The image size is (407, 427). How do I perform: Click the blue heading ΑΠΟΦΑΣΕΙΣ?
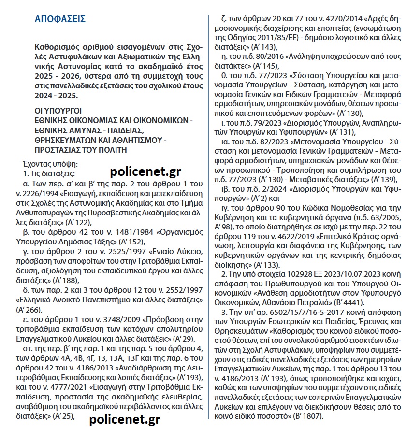tap(60, 19)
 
